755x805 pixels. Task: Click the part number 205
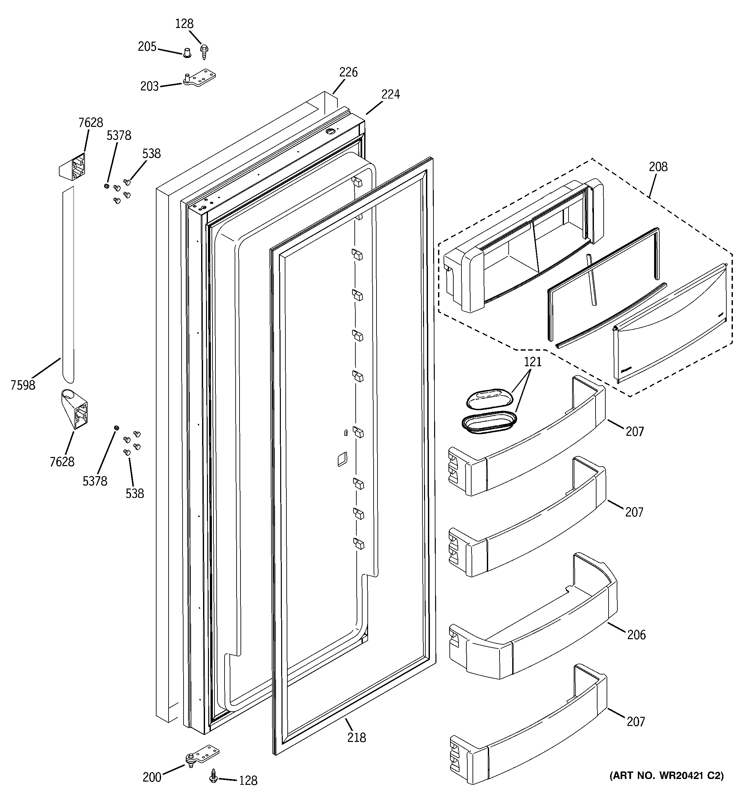click(x=147, y=47)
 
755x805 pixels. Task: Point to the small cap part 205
click(x=187, y=53)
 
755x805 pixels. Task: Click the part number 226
click(x=348, y=72)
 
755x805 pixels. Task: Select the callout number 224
click(x=390, y=94)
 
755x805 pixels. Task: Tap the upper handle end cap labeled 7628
click(x=73, y=167)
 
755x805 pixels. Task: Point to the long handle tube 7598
click(x=68, y=283)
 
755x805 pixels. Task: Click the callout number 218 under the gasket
click(x=356, y=738)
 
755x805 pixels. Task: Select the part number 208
click(x=658, y=167)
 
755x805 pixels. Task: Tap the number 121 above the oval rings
click(x=532, y=362)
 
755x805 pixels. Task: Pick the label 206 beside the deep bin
click(x=636, y=635)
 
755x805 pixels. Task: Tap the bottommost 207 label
click(x=636, y=722)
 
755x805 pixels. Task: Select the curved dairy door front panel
click(x=669, y=324)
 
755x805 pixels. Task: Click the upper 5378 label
click(x=119, y=135)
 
